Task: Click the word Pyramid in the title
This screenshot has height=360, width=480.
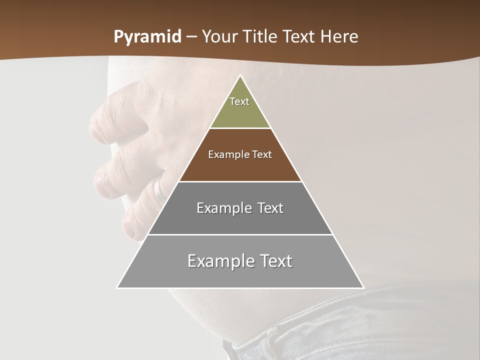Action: (x=147, y=37)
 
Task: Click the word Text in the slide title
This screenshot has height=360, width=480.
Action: (x=299, y=36)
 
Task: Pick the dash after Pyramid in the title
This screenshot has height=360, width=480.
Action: (x=192, y=37)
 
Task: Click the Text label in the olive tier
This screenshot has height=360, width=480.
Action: (x=239, y=101)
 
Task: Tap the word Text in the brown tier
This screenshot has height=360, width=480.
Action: (x=262, y=154)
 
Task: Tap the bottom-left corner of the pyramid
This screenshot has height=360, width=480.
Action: (x=117, y=287)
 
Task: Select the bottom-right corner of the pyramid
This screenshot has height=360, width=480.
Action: (x=363, y=287)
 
